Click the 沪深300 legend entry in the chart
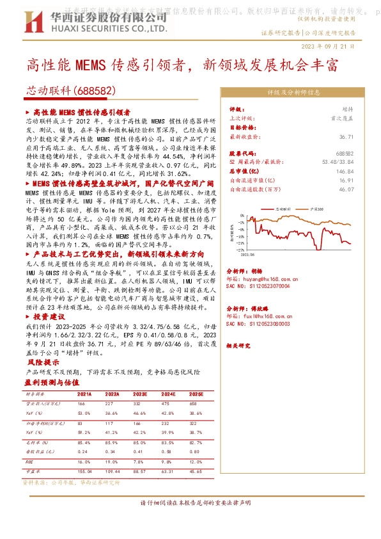pyautogui.click(x=315, y=209)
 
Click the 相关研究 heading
pyautogui.click(x=239, y=346)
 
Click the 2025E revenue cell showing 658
pyautogui.click(x=194, y=404)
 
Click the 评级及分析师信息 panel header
pyautogui.click(x=292, y=92)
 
